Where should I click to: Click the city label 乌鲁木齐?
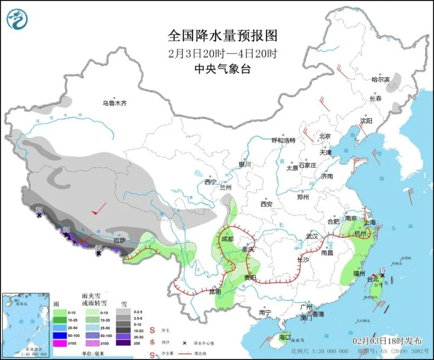(115, 103)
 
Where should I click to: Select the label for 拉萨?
(120, 240)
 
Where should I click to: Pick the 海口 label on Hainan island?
(284, 336)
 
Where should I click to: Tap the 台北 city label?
(373, 279)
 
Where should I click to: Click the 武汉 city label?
(312, 236)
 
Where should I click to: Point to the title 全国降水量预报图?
(223, 36)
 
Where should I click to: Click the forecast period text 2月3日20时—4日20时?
(223, 54)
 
